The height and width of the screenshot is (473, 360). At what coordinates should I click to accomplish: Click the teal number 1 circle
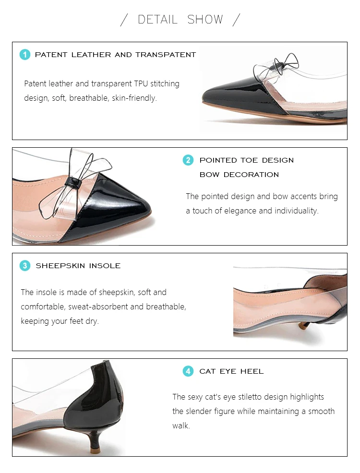coord(25,55)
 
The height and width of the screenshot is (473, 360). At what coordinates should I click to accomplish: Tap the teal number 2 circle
coord(188,160)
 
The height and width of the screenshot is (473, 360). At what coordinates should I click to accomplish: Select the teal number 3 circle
coord(25,266)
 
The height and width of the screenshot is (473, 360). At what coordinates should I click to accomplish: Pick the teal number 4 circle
coord(188,371)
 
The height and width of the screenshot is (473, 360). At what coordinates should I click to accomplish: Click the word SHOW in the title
coord(205,20)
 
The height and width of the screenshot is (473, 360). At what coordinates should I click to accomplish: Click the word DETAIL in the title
coord(157,20)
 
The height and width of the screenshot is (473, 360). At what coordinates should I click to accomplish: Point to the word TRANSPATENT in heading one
coord(166,55)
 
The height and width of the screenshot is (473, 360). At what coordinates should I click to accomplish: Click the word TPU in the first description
coord(141,83)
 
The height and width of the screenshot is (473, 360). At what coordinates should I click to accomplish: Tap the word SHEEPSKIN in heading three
coord(60,266)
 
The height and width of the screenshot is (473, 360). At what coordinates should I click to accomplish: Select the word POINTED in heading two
coord(218,160)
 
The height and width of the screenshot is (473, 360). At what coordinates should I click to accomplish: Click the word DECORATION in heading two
coord(251,175)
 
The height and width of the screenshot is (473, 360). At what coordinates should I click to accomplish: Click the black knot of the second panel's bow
coord(73,182)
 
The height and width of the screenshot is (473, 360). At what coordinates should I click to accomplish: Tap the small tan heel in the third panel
coord(302,329)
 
